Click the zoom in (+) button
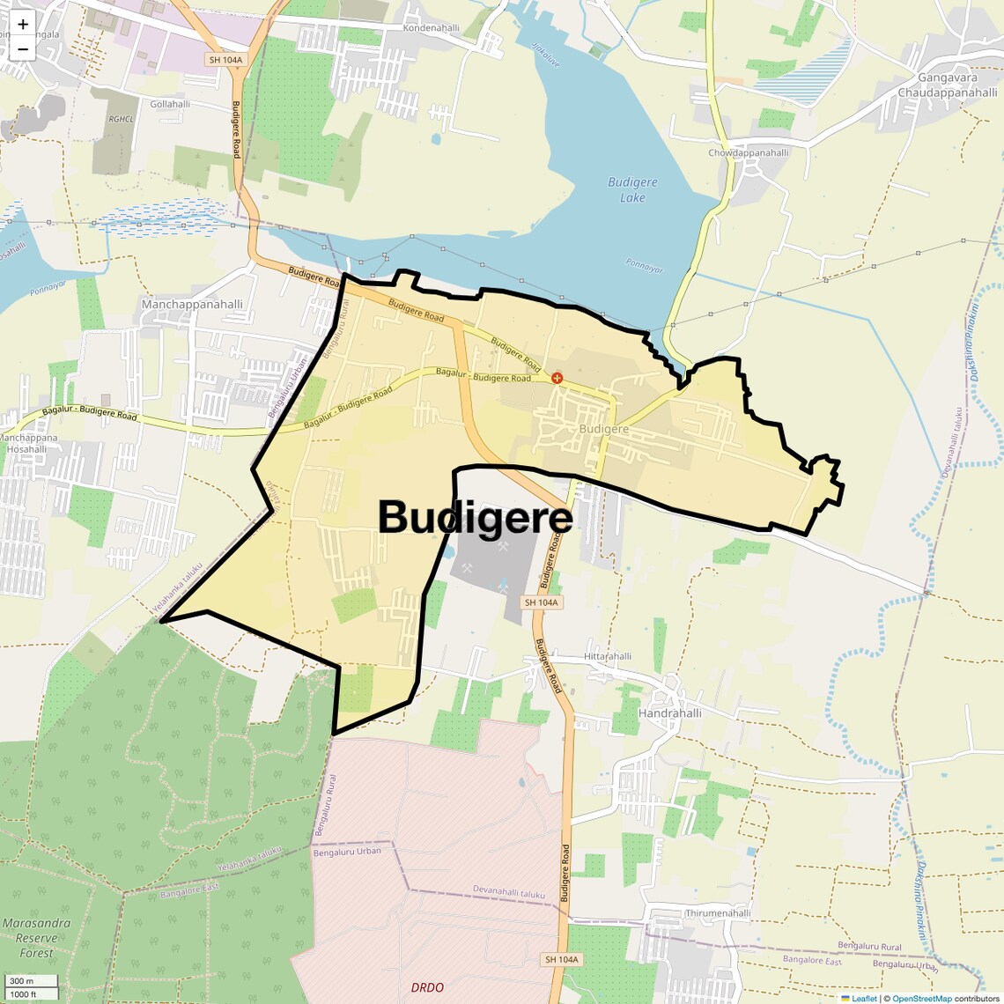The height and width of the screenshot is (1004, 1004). point(23,25)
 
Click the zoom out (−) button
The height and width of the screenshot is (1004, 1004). point(23,49)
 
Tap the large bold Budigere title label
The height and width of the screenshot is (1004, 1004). point(475,517)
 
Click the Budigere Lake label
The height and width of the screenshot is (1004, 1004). point(632,190)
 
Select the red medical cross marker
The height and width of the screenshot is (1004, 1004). point(557,378)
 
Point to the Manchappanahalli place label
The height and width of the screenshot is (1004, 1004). point(192,305)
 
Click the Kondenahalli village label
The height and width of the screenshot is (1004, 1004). point(432,28)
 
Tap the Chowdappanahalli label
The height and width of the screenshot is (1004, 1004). point(749,153)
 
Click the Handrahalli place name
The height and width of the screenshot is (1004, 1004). point(669,712)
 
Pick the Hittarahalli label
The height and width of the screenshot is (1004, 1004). point(608,657)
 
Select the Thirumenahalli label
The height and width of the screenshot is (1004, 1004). point(718,913)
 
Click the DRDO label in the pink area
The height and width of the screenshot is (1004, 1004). point(427,987)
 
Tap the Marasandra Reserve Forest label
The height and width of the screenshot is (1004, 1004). point(36,938)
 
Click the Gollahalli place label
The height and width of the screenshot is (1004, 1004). point(170,104)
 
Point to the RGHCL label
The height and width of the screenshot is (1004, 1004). point(121,119)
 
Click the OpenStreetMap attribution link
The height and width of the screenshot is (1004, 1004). point(921,999)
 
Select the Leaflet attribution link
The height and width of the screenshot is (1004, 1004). point(864,999)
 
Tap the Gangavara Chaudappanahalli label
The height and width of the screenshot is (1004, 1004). point(948,85)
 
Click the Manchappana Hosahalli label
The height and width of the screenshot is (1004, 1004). point(28,443)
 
